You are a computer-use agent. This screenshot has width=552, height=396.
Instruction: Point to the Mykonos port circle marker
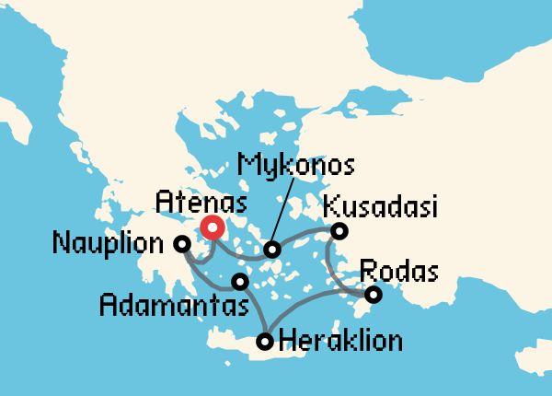click(272, 250)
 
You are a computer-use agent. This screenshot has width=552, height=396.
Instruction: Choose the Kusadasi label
click(379, 204)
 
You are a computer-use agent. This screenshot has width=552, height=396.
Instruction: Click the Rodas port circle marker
click(373, 295)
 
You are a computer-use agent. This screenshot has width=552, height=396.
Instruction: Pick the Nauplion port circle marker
click(182, 244)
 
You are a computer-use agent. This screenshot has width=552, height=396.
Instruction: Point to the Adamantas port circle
click(240, 281)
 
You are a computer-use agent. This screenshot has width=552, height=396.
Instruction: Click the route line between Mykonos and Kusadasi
click(306, 239)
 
